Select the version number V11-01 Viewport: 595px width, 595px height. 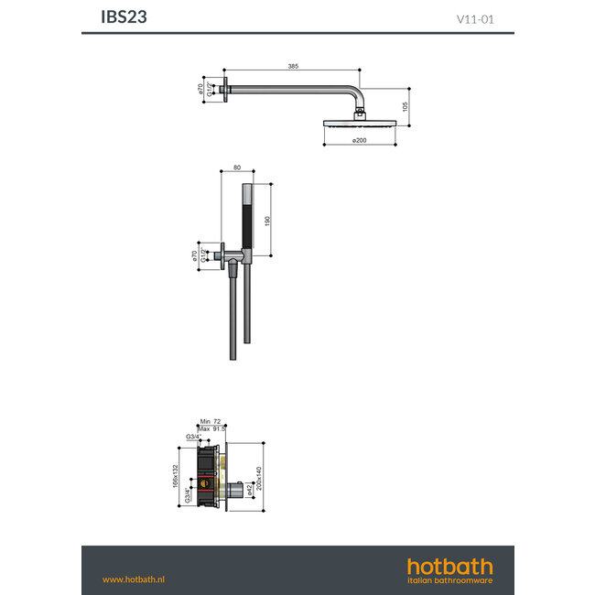pyautogui.click(x=475, y=17)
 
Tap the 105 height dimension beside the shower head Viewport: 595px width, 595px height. pyautogui.click(x=406, y=106)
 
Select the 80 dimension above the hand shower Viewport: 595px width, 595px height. pyautogui.click(x=236, y=168)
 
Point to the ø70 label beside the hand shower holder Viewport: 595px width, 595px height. pyautogui.click(x=195, y=256)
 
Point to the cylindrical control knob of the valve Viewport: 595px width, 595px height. pyautogui.click(x=233, y=490)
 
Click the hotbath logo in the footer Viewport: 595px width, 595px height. pyautogui.click(x=449, y=569)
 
